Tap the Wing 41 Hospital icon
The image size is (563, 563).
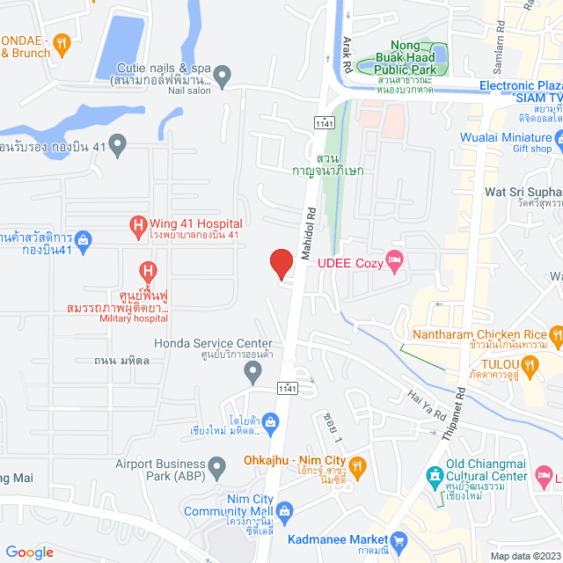(138, 228)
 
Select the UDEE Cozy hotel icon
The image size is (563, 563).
(395, 259)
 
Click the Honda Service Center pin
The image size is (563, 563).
(253, 375)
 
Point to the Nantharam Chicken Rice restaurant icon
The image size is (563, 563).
(555, 333)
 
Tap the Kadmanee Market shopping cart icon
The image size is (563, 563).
(400, 539)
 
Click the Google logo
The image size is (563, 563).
(29, 552)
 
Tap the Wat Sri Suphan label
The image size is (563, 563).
(523, 191)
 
